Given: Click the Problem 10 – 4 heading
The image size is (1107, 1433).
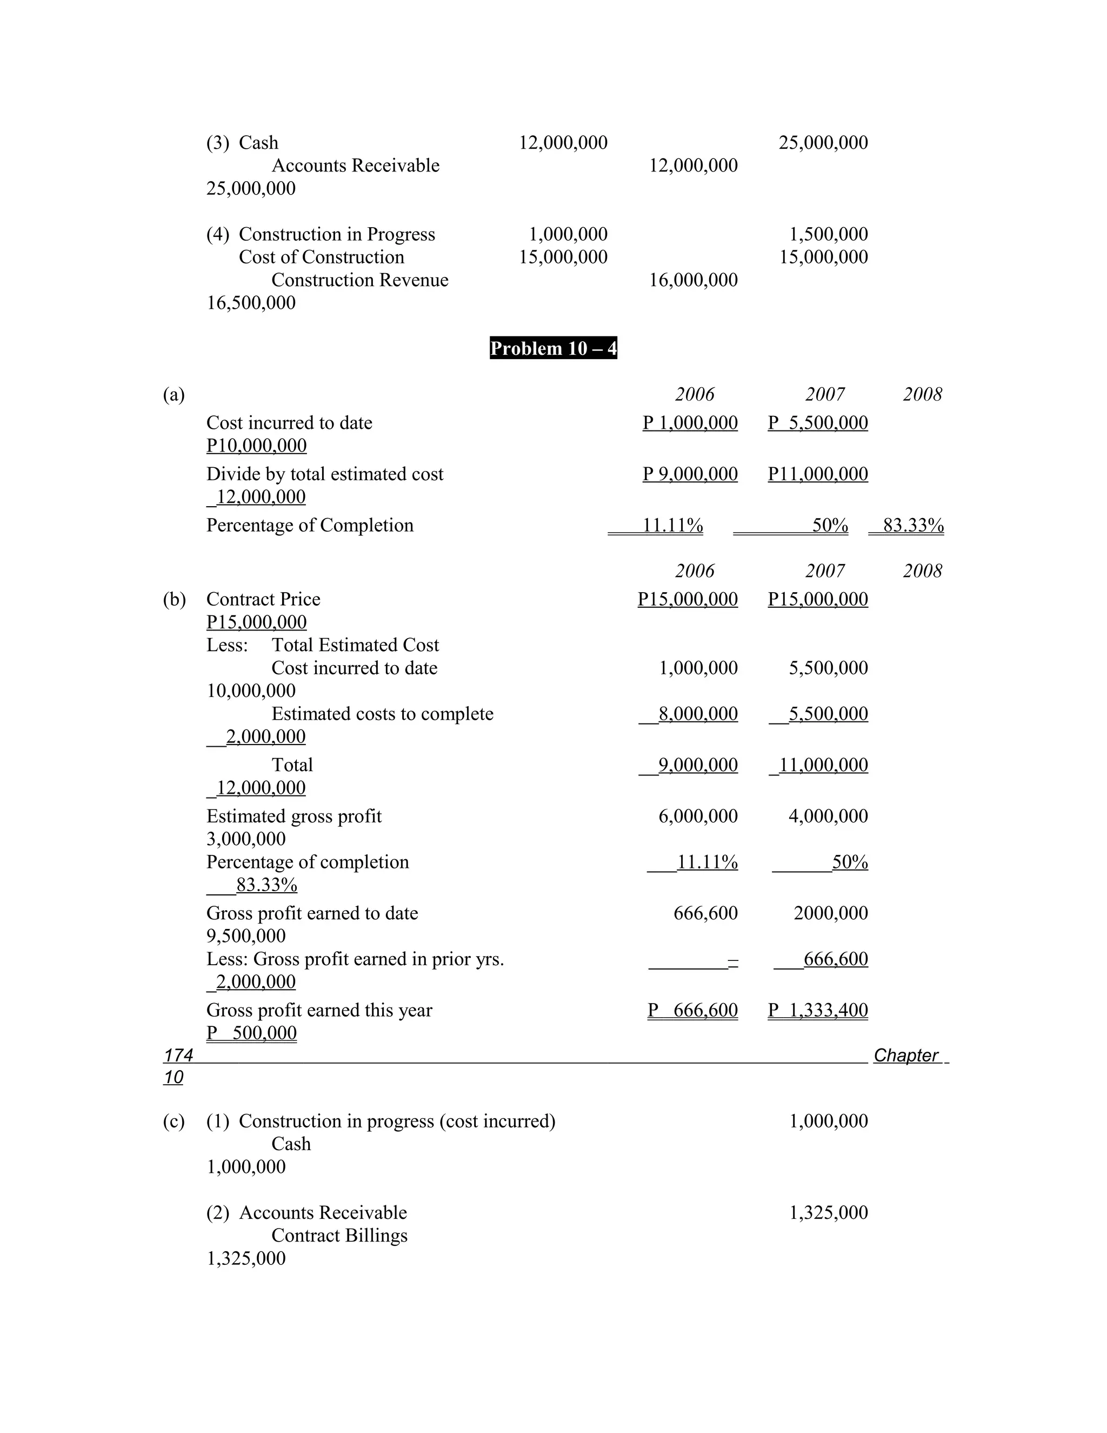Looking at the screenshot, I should point(553,348).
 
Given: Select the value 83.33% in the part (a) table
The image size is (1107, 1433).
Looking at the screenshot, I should point(913,525).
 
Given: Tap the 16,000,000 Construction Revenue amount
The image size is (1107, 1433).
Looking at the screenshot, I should point(693,280).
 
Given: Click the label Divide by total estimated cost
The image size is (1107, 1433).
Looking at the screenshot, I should point(325,474).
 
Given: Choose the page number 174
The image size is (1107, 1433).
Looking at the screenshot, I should point(178,1055).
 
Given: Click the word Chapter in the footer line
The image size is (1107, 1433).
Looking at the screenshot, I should point(906,1055).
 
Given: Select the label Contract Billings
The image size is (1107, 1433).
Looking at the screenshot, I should point(339,1236).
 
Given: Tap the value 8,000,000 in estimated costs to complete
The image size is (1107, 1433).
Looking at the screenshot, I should point(697,713).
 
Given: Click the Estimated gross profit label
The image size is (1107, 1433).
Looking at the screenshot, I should point(294,815).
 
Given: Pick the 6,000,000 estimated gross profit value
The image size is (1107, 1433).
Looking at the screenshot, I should point(698,815).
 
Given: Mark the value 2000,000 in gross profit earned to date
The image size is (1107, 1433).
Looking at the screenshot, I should point(830,913).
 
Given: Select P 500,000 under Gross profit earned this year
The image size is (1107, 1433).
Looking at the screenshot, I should point(252,1033).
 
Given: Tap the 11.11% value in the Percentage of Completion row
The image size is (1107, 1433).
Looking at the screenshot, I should point(672,525).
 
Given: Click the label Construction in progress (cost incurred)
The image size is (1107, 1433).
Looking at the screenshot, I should point(397,1120).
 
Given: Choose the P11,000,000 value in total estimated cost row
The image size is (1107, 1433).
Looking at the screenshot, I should point(818,474).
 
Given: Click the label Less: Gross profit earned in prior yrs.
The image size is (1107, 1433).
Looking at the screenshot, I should point(355,959).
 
